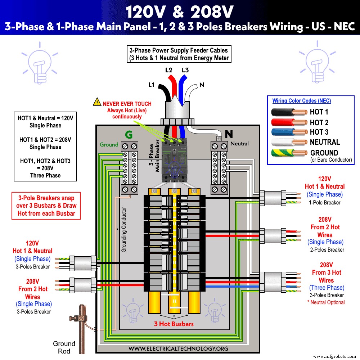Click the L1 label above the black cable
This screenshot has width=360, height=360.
(x=151, y=85)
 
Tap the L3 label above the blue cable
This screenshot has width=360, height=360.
(x=185, y=70)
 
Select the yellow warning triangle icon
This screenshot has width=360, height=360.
(x=97, y=102)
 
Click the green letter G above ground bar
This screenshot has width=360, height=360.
(x=129, y=135)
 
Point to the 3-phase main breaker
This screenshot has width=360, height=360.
(x=175, y=158)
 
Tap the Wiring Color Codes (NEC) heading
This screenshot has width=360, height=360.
(x=301, y=101)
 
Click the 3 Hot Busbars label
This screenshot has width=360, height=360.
(x=174, y=324)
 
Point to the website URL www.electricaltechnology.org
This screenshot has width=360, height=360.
(x=178, y=348)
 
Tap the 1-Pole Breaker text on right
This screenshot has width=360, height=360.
(x=324, y=202)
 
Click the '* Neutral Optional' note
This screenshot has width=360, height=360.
(x=326, y=302)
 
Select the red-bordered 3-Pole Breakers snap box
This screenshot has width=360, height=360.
(x=45, y=206)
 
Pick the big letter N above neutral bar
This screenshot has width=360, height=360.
(x=229, y=134)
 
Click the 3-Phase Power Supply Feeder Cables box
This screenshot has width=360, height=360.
(x=179, y=54)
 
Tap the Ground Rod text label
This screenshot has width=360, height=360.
(x=64, y=347)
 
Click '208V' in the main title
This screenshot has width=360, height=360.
(x=212, y=13)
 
